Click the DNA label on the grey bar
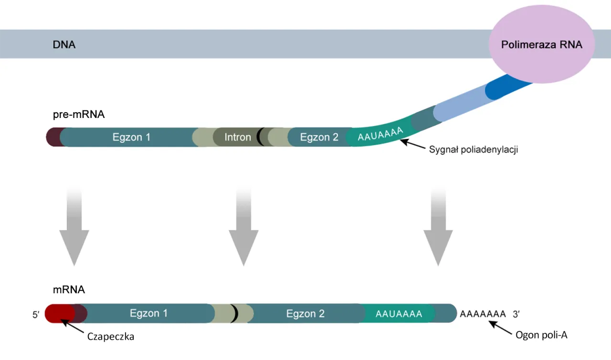point(64,45)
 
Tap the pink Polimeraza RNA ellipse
point(541,44)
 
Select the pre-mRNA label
point(78,115)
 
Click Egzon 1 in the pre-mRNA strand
point(131,138)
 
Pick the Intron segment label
point(238,138)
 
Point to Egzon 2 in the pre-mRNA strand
point(319,138)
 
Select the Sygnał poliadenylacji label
point(473,149)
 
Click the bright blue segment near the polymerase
point(501,88)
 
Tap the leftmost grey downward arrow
point(74,234)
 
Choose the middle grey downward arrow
point(243,234)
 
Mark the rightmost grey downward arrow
point(438,234)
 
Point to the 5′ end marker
point(36,315)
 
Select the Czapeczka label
point(111,337)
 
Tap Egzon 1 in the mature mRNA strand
point(148,314)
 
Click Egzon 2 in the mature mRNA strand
point(305,314)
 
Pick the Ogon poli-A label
point(541,335)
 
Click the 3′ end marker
point(517,314)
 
